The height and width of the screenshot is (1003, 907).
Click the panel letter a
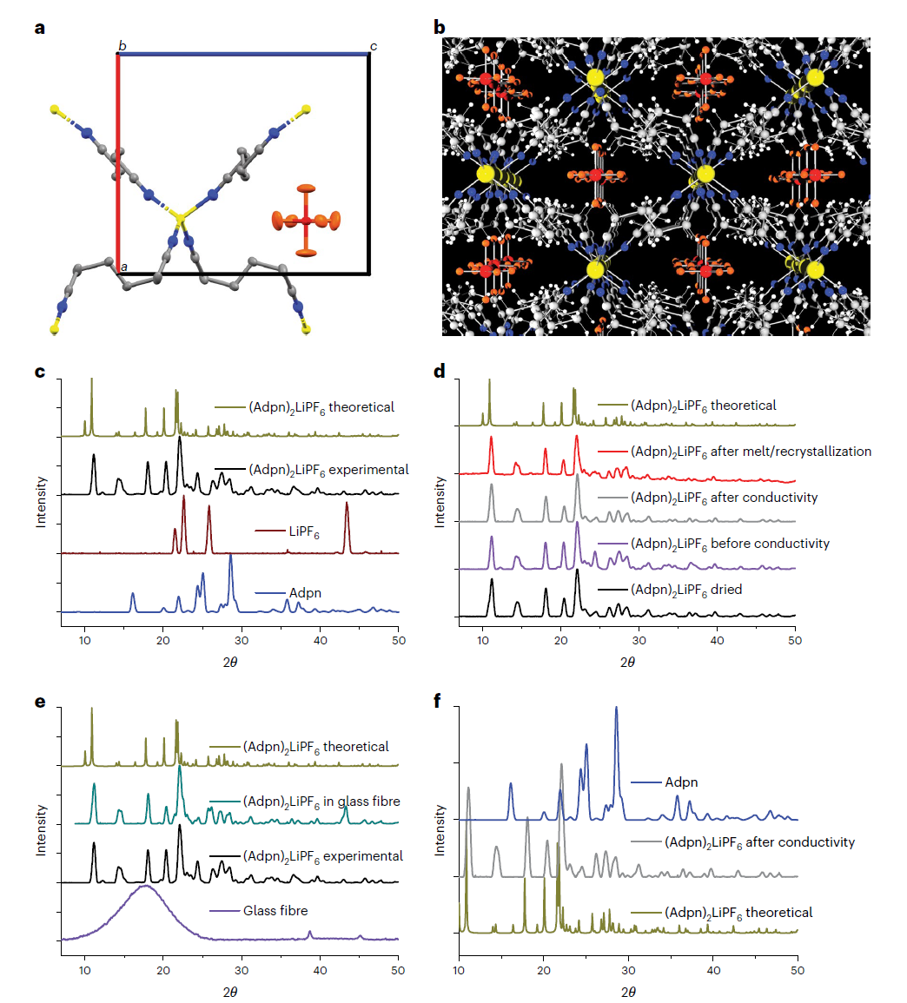[39, 27]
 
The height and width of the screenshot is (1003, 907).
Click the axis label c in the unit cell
[374, 46]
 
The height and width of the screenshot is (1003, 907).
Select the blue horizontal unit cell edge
[243, 55]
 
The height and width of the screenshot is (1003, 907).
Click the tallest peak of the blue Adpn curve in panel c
[230, 557]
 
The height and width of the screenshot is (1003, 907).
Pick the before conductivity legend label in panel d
[730, 544]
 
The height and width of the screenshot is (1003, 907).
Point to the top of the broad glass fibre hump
[146, 887]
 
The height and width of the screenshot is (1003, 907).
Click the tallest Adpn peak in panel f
[617, 709]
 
